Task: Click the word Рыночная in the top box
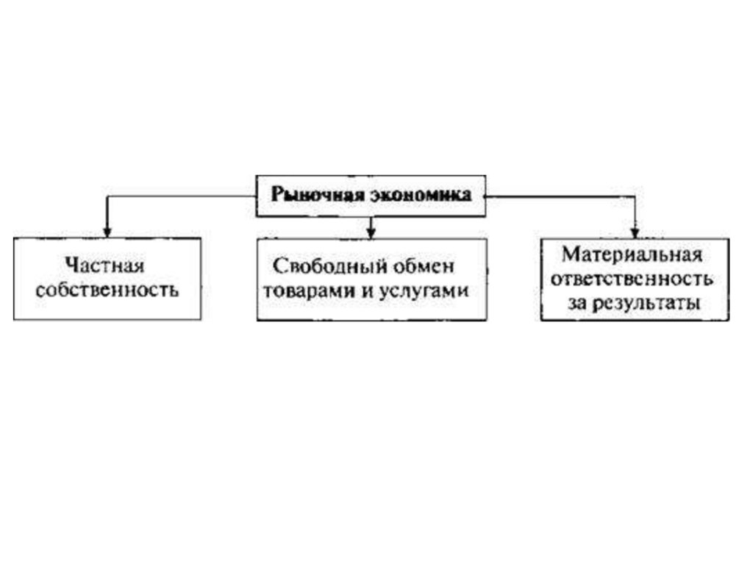coord(307,196)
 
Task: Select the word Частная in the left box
coord(104,265)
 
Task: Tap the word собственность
coord(107,289)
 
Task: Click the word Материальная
coord(633,257)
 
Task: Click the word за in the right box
coord(578,303)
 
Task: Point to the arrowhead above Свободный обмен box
coord(371,232)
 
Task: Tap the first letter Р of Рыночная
coord(276,196)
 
